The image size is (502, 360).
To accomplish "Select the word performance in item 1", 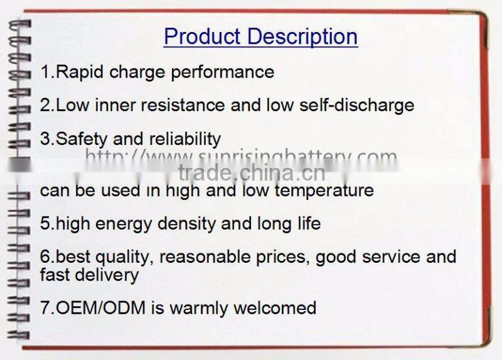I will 223,73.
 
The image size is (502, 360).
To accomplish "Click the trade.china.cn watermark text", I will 251,172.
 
